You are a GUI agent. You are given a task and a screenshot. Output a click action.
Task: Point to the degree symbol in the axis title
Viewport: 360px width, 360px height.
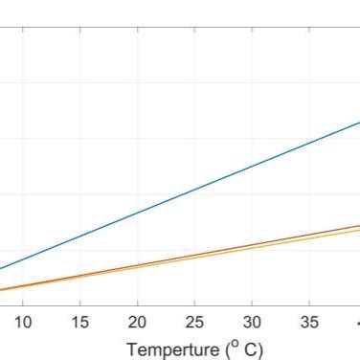coord(236,344)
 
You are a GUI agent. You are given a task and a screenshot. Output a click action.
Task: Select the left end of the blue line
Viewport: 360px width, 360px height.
coord(2,269)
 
